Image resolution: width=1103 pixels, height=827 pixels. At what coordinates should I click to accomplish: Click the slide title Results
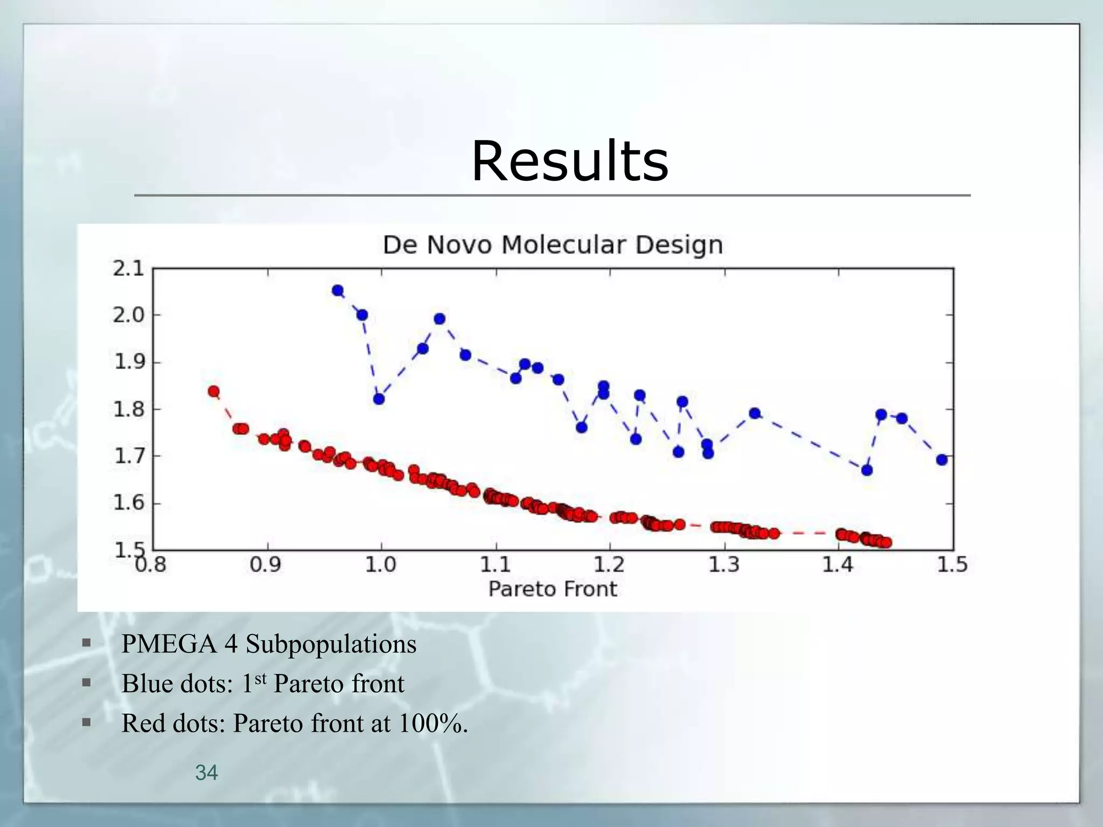[x=570, y=162]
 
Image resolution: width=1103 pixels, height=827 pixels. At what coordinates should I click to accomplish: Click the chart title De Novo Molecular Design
[x=553, y=245]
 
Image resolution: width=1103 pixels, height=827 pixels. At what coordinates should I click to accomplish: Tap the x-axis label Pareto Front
[x=553, y=589]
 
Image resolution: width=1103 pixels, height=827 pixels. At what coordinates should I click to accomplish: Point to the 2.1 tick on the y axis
[x=129, y=268]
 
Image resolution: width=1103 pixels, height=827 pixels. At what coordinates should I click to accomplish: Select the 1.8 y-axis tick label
[x=129, y=409]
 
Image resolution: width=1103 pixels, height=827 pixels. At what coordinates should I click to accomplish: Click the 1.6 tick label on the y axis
[x=129, y=503]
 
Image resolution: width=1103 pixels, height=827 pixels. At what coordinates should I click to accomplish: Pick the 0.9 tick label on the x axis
[x=266, y=565]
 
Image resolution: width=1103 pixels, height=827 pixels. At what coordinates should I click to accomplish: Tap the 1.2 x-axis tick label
[x=610, y=565]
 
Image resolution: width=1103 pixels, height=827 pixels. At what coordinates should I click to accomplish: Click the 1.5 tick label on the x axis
[x=952, y=565]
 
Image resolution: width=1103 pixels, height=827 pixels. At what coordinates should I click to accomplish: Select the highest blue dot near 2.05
[x=338, y=291]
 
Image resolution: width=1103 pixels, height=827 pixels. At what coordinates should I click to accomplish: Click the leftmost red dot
[x=214, y=391]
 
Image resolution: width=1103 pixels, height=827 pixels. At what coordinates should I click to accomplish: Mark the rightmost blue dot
[x=942, y=460]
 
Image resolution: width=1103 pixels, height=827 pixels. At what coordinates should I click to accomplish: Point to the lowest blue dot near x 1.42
[x=867, y=470]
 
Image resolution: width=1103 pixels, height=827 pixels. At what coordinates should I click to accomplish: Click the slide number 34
[x=206, y=773]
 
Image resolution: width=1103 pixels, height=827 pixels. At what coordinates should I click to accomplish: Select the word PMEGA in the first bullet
[x=169, y=644]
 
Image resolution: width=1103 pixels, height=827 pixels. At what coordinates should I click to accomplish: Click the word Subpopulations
[x=331, y=644]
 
